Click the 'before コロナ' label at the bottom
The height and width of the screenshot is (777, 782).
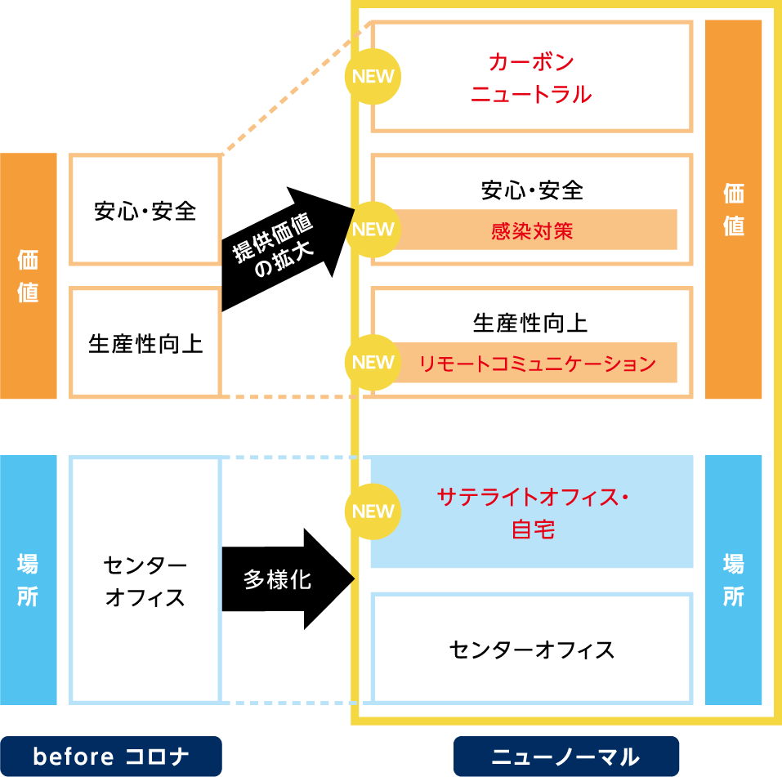[x=111, y=757]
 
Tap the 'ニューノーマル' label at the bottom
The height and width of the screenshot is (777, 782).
[x=565, y=757]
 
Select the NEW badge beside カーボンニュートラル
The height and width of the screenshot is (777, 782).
[x=373, y=77]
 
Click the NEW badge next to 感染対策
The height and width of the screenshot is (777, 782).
[x=373, y=229]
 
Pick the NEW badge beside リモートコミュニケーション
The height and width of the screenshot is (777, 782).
[x=373, y=362]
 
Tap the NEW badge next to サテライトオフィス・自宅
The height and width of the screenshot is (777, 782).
[x=373, y=511]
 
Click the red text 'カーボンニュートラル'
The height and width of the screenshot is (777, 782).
[x=531, y=78]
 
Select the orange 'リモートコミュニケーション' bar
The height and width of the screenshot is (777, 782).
[x=537, y=363]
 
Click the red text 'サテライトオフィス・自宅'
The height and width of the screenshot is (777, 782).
[x=533, y=512]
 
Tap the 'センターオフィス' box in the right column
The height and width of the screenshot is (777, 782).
[x=532, y=650]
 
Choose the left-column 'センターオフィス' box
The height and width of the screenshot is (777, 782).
[x=145, y=580]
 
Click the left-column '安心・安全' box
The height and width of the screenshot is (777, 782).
[x=145, y=211]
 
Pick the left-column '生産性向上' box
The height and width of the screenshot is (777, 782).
[x=145, y=343]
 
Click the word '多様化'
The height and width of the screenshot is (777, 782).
[x=277, y=580]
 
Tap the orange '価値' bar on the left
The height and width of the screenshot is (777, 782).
[x=29, y=275]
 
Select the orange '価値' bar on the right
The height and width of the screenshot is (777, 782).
[x=734, y=209]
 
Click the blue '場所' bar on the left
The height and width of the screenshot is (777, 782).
[x=29, y=580]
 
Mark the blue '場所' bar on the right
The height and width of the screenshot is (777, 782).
[x=734, y=580]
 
